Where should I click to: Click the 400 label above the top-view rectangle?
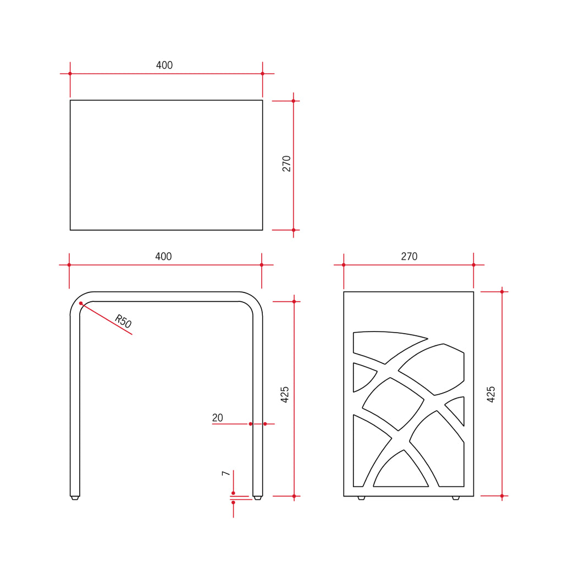(x=164, y=65)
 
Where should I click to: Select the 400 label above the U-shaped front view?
(x=163, y=257)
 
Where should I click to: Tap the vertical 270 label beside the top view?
(x=286, y=164)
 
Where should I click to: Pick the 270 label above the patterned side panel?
(x=409, y=257)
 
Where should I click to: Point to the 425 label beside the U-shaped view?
(x=285, y=395)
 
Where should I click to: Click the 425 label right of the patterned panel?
(x=492, y=394)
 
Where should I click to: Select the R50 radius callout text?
(x=123, y=321)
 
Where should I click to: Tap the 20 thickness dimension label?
(x=218, y=418)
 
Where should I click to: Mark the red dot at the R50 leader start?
(x=81, y=303)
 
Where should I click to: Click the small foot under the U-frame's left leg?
(x=75, y=498)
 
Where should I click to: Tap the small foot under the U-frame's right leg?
(x=257, y=498)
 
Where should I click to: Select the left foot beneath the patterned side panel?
(x=361, y=498)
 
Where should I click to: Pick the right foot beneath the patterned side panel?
(x=456, y=498)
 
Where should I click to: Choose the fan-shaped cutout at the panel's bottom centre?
(x=401, y=473)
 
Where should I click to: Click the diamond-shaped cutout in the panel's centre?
(x=394, y=402)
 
